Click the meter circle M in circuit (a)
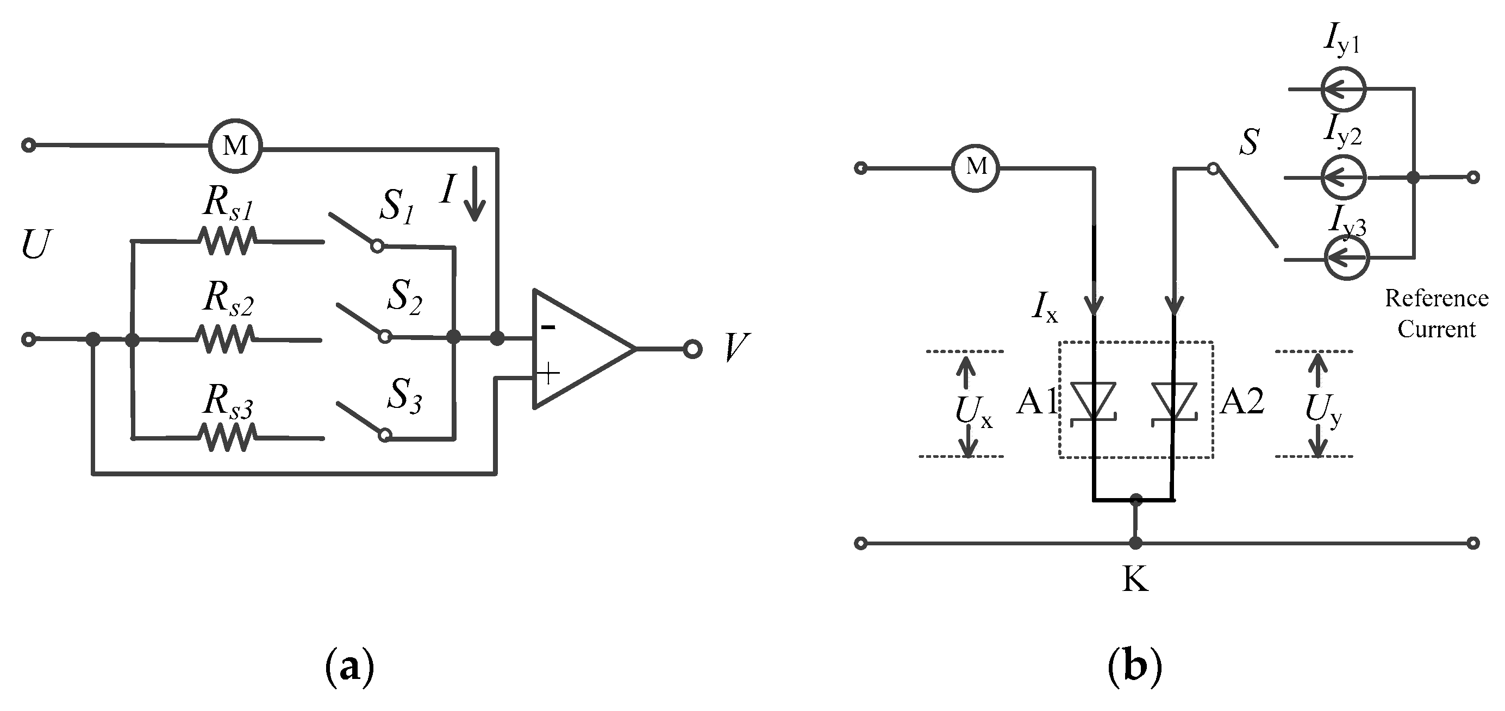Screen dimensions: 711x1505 pos(235,146)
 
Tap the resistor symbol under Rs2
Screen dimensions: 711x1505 pos(225,339)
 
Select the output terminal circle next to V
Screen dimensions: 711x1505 pos(692,349)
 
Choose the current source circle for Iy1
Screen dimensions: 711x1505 pos(1343,89)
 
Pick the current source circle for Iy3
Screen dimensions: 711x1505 pos(1347,257)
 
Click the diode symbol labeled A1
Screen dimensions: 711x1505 pos(1094,401)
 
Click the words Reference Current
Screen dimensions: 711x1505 pos(1436,314)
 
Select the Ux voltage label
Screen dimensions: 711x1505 pos(973,412)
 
